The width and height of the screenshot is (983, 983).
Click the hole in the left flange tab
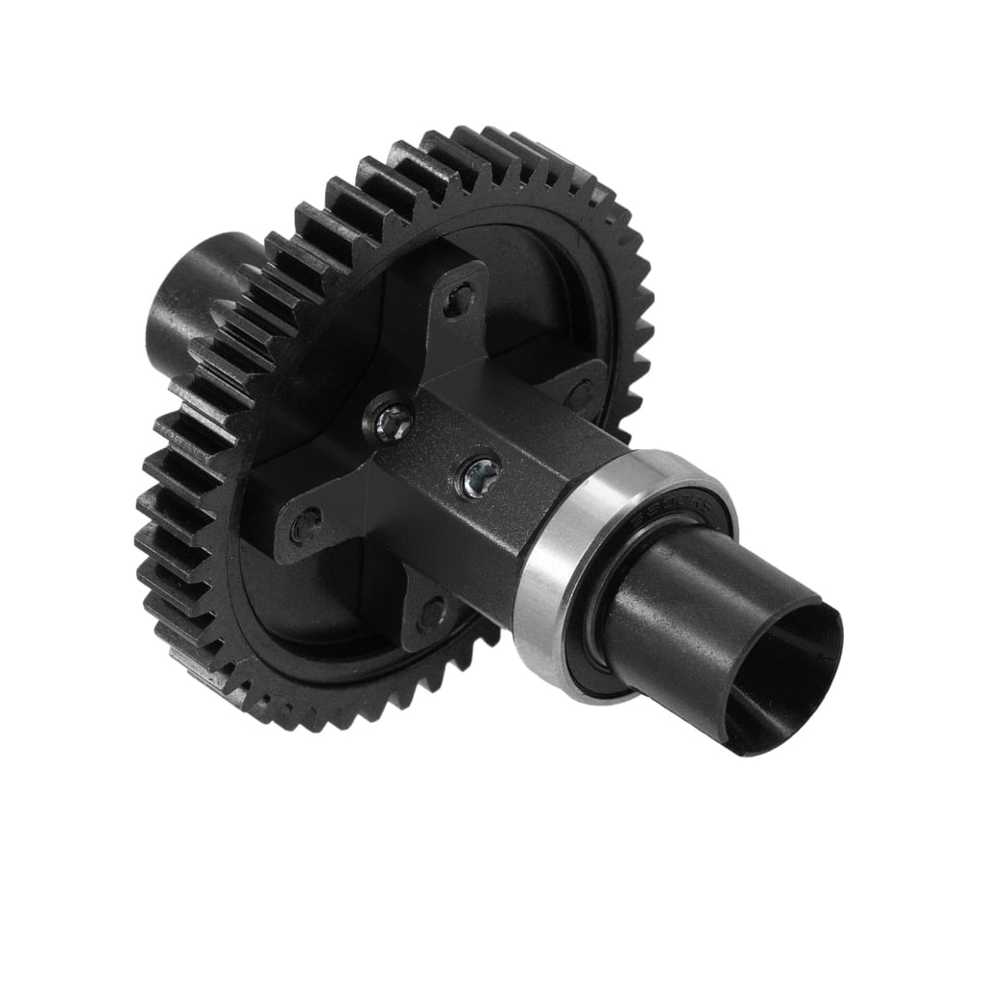pos(305,524)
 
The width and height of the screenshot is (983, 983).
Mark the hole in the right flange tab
pos(579,394)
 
